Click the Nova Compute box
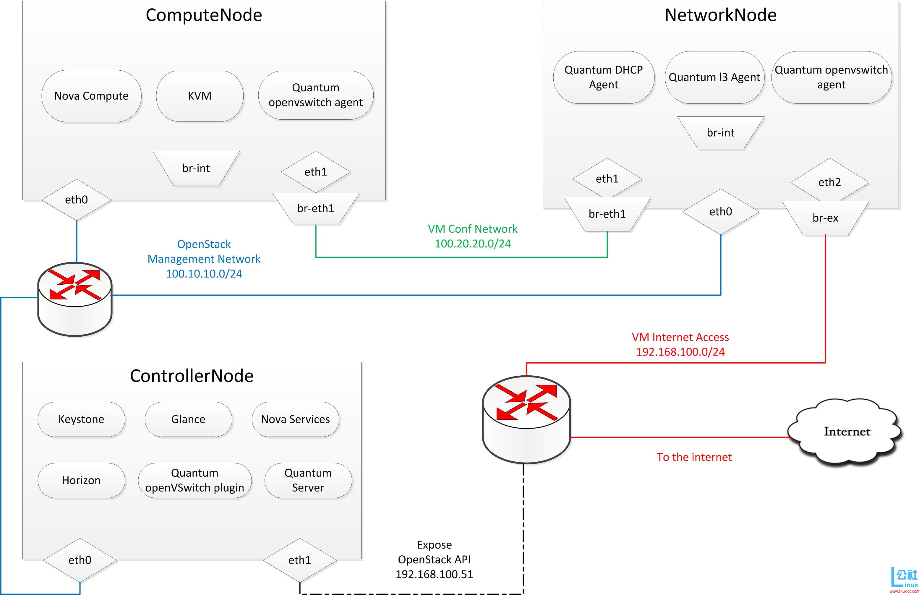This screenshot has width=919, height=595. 91,96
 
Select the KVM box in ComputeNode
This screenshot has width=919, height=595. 200,96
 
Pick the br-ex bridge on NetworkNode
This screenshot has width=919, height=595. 825,218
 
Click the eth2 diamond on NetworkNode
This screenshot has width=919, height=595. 829,182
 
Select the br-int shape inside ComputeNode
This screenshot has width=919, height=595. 196,168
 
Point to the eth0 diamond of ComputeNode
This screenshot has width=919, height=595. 77,200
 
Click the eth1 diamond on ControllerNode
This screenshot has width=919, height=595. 300,560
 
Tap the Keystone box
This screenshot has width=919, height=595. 81,419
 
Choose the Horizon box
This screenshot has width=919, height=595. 81,480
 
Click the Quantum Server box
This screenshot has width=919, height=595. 308,480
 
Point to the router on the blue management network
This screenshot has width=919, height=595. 75,299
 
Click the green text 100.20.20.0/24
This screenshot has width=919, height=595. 473,244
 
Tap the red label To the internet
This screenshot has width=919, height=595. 694,457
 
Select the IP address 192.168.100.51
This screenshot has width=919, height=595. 434,574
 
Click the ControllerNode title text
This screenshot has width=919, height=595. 192,376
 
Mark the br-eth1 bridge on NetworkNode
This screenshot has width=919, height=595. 607,214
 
